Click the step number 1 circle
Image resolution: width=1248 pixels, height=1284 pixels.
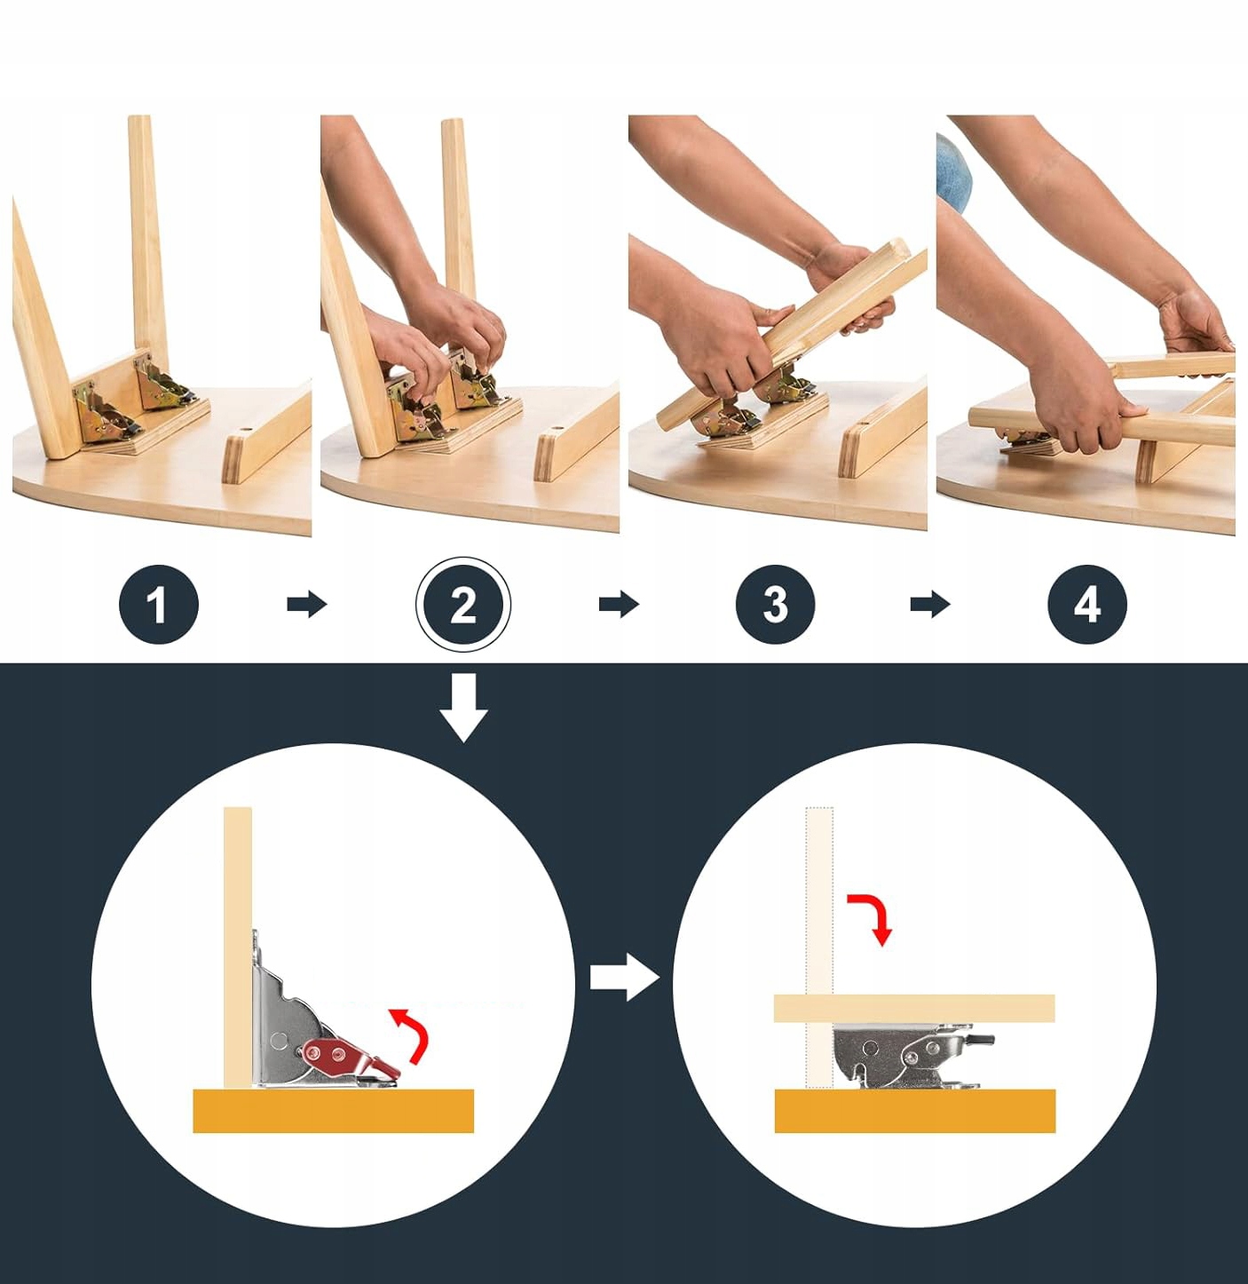(158, 605)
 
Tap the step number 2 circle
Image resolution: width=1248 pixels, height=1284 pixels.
(463, 605)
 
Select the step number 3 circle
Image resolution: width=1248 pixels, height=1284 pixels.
(775, 605)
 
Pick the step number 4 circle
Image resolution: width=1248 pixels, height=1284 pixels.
(1087, 605)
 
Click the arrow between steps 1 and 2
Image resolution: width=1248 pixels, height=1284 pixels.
(307, 604)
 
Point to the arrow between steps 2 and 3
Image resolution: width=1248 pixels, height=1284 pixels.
(619, 604)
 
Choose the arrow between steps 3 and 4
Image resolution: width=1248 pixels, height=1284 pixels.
(930, 604)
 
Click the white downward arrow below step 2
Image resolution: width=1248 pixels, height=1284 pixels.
(463, 708)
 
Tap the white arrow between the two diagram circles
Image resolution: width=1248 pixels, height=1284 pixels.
(625, 977)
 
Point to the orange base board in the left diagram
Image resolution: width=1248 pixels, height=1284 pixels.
(333, 1111)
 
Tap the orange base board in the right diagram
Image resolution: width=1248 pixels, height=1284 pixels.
(915, 1111)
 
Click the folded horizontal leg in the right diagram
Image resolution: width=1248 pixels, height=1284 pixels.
(914, 1008)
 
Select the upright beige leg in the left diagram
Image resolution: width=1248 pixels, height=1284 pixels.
(238, 947)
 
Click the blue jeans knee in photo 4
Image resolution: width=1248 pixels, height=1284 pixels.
(953, 173)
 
